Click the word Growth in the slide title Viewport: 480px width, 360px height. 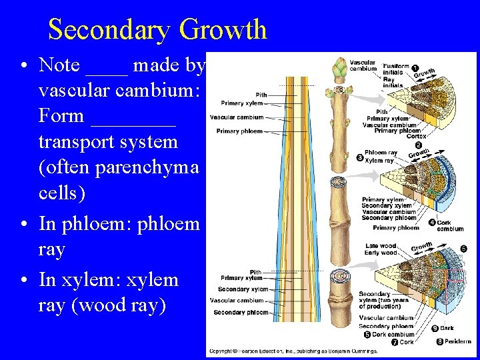point(223,30)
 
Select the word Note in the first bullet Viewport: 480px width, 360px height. point(59,65)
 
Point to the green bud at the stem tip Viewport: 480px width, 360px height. point(339,67)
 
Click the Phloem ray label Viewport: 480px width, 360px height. point(381,153)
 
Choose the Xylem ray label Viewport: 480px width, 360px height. point(379,160)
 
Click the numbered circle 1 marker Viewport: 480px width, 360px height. point(415,68)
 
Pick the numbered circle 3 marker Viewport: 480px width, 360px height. point(360,158)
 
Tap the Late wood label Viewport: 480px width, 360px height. point(381,246)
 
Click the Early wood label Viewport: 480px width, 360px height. point(381,253)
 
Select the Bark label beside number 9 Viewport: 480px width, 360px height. point(447,327)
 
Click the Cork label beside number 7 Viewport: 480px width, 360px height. point(406,342)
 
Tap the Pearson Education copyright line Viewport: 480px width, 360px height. point(293,351)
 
